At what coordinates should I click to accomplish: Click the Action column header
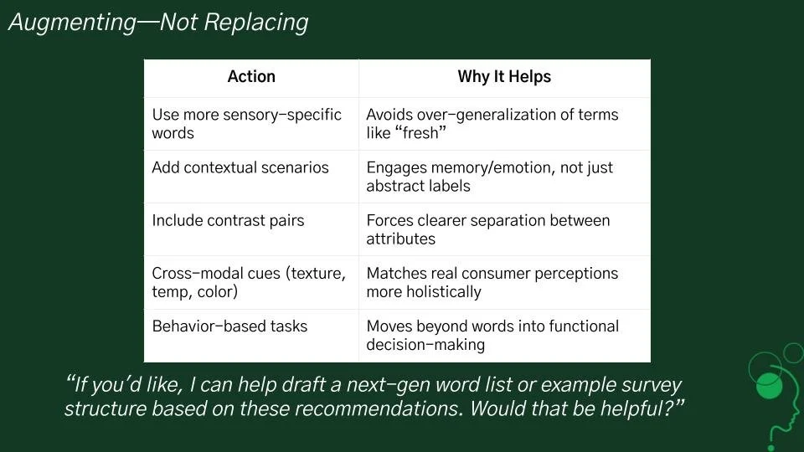click(x=251, y=77)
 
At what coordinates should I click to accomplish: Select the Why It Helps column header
click(x=504, y=77)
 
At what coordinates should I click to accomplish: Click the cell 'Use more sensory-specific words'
click(x=247, y=124)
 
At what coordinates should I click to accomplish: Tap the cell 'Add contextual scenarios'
click(x=240, y=167)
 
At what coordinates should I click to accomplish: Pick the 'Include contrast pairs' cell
click(x=228, y=221)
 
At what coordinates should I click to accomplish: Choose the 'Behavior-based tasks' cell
click(x=229, y=326)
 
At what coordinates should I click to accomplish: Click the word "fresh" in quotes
click(x=420, y=133)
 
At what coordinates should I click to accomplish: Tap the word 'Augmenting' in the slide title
click(x=71, y=23)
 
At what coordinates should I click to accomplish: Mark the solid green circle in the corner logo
click(x=769, y=386)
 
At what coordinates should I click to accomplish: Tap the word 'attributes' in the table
click(x=401, y=239)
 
